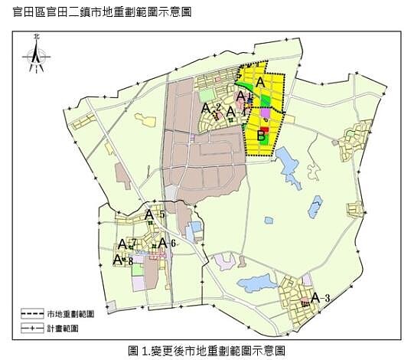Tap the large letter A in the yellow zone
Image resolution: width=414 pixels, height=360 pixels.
tap(260, 82)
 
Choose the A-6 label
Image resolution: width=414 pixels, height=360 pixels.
tap(167, 243)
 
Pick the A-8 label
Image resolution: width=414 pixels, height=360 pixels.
tap(122, 260)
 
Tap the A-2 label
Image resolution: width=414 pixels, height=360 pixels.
tap(210, 109)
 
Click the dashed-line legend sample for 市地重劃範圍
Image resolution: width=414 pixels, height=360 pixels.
tap(32, 314)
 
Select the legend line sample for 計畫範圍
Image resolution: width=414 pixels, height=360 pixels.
tap(32, 328)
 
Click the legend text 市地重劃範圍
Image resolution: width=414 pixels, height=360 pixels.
tap(70, 314)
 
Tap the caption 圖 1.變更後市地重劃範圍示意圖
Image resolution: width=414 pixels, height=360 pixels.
tap(207, 350)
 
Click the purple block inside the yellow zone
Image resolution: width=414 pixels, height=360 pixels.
tap(266, 113)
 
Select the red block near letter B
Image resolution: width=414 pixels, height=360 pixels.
tap(264, 128)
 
